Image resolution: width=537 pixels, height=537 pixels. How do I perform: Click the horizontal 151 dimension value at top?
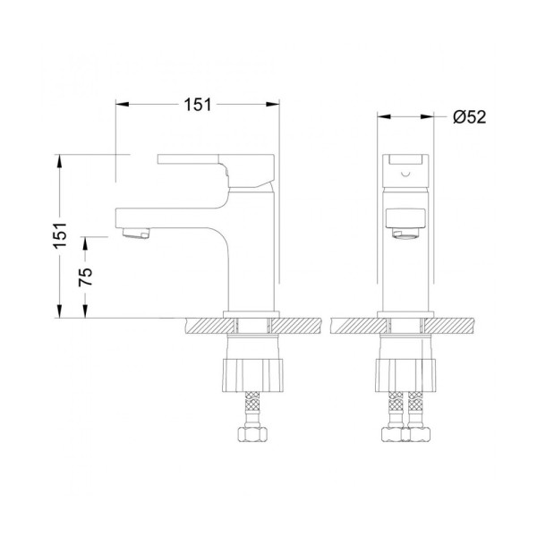coord(198,105)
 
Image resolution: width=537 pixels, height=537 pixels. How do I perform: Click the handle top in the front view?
coord(407,163)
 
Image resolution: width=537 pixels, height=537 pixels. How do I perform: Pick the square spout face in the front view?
coord(407,217)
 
